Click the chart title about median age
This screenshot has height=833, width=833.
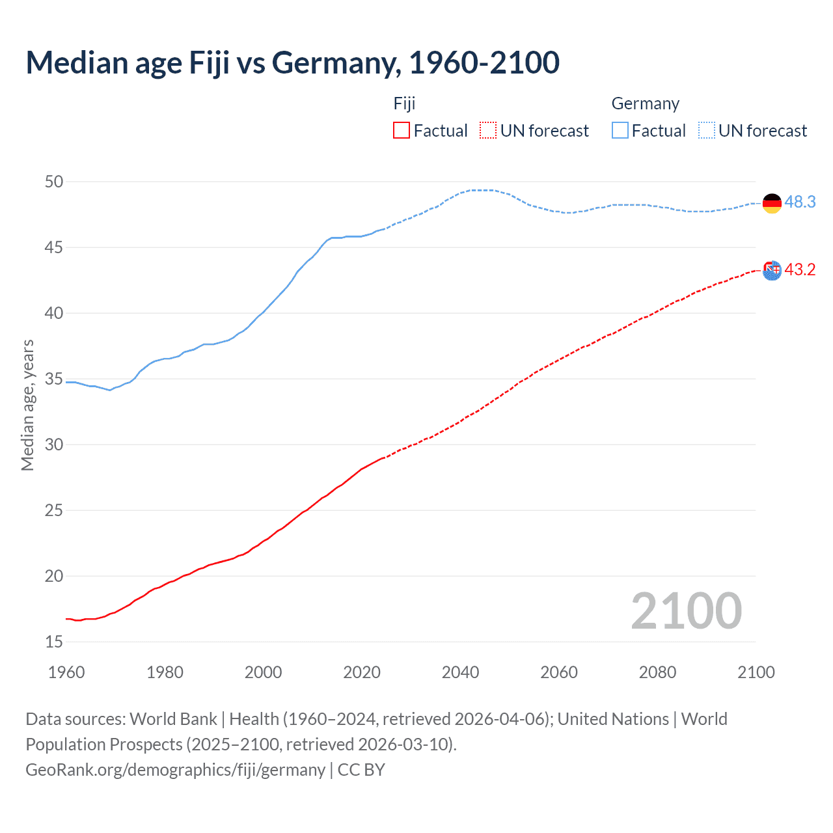point(292,63)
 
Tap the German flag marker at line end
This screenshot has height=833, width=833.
point(772,203)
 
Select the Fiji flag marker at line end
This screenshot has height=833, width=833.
point(772,270)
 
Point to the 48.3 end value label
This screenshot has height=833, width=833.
point(800,202)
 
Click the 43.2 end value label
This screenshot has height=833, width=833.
point(800,270)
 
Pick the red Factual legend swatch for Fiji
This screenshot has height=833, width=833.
point(402,131)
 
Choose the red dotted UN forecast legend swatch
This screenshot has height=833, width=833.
point(488,131)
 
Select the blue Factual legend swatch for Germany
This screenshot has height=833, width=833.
point(620,131)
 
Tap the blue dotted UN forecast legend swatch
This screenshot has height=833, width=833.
point(706,131)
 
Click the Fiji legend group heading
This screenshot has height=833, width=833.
point(404,104)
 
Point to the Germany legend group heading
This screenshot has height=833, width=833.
point(645,104)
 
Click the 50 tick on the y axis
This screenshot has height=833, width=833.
point(54,182)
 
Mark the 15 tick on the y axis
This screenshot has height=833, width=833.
point(54,642)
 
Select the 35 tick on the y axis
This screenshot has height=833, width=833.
point(54,379)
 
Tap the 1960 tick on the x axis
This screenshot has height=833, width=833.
point(66,672)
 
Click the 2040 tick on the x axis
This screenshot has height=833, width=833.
point(460,672)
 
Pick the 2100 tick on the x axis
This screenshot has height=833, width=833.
point(756,672)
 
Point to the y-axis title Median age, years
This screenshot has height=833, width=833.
point(27,405)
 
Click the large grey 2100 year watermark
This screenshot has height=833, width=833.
point(686,611)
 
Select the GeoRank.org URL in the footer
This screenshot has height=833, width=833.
point(175,770)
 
